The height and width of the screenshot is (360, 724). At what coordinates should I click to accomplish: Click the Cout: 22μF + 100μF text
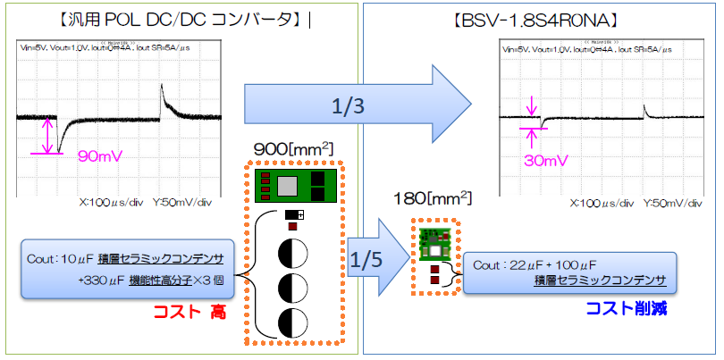click(x=541, y=265)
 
